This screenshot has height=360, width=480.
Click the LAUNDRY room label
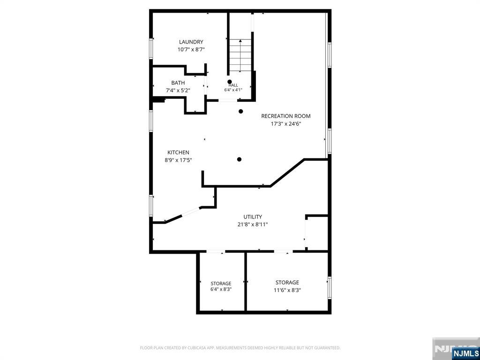[x=191, y=42]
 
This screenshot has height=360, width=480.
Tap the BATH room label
[x=178, y=82]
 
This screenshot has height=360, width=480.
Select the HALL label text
[x=233, y=85]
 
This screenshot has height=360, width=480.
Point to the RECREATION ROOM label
[x=285, y=116]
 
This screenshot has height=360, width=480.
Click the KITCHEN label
[x=178, y=152]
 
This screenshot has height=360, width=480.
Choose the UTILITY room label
[x=253, y=217]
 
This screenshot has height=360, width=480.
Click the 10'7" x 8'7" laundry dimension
[x=191, y=50]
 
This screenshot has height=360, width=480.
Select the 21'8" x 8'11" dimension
[x=253, y=225]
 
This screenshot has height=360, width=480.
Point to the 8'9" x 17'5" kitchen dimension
[x=178, y=160]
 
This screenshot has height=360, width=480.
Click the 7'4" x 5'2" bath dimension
[x=178, y=90]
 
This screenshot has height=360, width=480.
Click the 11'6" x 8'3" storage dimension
[x=287, y=290]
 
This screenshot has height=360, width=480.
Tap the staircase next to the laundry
[x=240, y=55]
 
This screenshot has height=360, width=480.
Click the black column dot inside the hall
[x=230, y=82]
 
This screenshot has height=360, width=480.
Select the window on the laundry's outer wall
[x=151, y=48]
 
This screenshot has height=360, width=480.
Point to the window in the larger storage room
[x=330, y=288]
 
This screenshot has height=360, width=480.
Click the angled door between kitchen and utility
[x=190, y=212]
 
